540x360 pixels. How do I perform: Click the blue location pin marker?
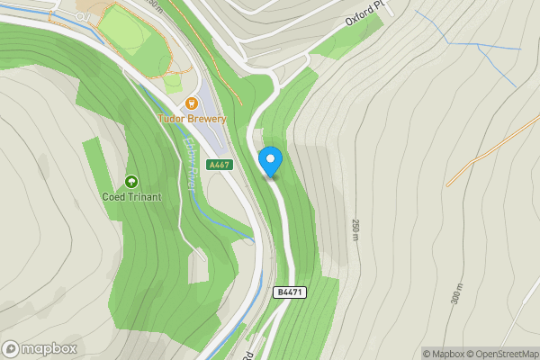point(270,161)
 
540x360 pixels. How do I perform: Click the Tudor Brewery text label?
point(192,119)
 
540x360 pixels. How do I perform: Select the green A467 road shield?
point(219,166)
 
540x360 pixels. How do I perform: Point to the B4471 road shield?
point(290,292)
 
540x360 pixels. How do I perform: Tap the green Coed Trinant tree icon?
point(131,183)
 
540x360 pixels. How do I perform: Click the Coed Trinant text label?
point(131,197)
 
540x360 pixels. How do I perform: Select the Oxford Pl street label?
point(364,13)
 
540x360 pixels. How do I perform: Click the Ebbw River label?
point(190,163)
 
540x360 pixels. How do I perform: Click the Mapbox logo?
point(40,348)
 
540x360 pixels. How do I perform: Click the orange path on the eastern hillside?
point(490,144)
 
